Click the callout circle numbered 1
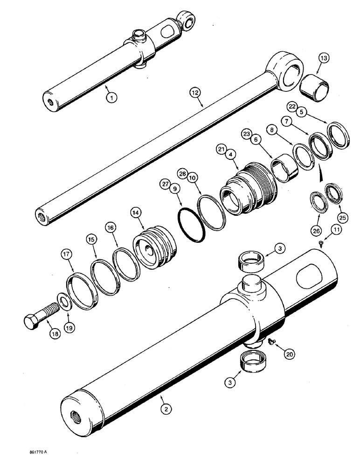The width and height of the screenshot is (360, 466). [111, 97]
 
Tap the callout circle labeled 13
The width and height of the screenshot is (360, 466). [324, 58]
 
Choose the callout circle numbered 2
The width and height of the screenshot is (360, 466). [164, 409]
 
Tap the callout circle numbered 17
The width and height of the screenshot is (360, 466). [66, 255]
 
